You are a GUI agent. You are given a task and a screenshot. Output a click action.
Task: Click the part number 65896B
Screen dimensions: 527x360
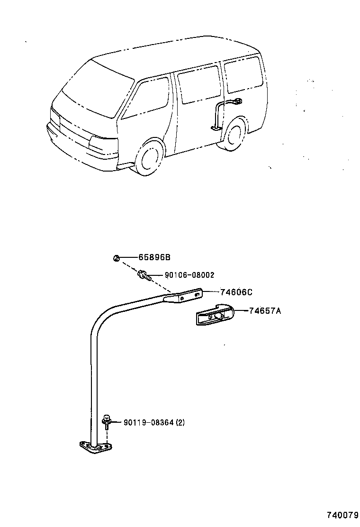pyautogui.click(x=154, y=257)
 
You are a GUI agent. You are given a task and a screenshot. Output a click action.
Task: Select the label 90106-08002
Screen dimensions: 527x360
pyautogui.click(x=189, y=275)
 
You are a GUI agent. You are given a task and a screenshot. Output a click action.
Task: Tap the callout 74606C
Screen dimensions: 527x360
pyautogui.click(x=236, y=292)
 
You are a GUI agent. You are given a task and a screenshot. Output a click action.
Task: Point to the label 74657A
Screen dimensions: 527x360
pyautogui.click(x=265, y=311)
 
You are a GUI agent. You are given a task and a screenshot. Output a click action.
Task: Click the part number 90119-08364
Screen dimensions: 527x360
pyautogui.click(x=148, y=422)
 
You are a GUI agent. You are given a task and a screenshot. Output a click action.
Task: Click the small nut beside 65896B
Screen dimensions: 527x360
pyautogui.click(x=116, y=258)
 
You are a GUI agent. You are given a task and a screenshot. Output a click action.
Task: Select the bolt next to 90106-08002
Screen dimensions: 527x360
pyautogui.click(x=144, y=274)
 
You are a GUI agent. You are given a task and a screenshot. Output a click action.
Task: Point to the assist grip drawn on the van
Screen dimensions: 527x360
pyautogui.click(x=223, y=114)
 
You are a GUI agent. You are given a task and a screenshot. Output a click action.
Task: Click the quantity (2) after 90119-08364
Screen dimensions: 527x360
pyautogui.click(x=180, y=422)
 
